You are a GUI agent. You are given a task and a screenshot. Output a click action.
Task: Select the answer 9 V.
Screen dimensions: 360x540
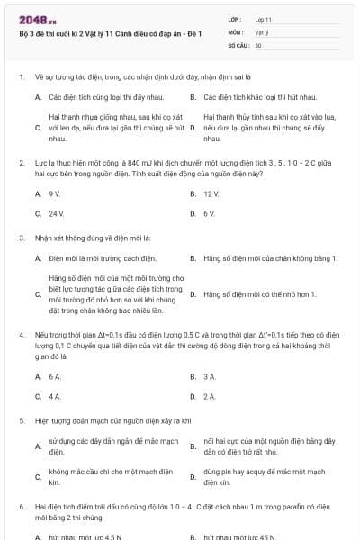pos(55,193)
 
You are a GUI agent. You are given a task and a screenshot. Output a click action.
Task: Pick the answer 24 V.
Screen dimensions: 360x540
pos(57,214)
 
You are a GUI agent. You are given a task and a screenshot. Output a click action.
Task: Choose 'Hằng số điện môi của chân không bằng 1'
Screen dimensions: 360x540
pos(270,259)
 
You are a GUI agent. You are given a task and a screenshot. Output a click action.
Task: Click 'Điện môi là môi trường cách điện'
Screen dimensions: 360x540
pos(95,259)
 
